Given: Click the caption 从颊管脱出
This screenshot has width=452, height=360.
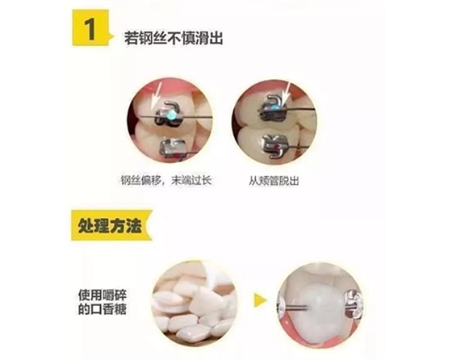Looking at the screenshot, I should click(x=276, y=182).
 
